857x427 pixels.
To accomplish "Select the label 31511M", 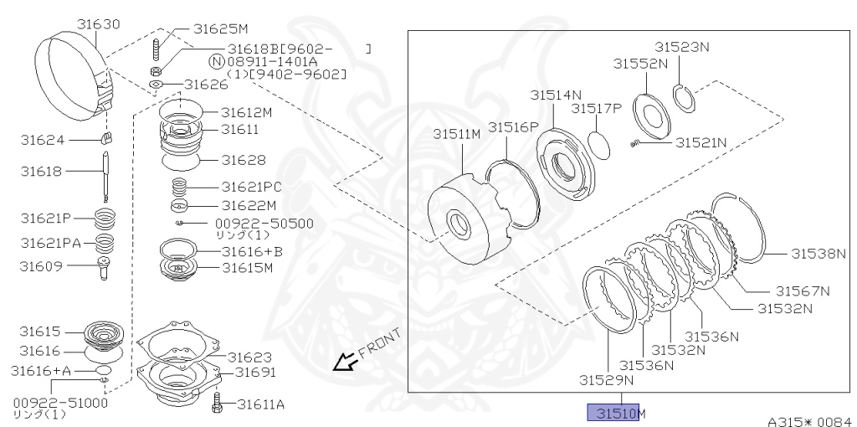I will [x=456, y=134].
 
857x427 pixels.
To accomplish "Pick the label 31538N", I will [x=819, y=254].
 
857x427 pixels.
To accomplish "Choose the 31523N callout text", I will [x=681, y=48].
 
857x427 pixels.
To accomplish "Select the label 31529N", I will [x=607, y=379].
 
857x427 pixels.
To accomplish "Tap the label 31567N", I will [x=802, y=291].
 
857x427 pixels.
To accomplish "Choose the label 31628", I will [x=244, y=160].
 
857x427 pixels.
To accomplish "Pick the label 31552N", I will [x=640, y=64].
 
